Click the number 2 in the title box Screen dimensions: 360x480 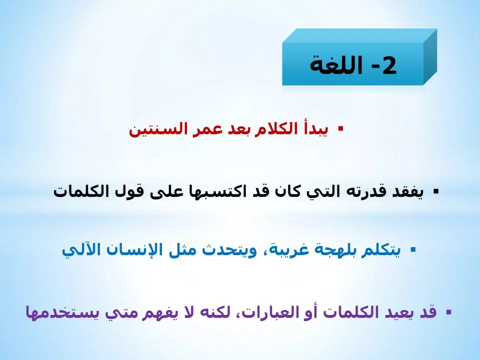tap(388, 66)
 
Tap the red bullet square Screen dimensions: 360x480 tap(340, 128)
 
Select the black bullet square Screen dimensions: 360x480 tap(436, 191)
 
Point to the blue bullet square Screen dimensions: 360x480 tap(413, 248)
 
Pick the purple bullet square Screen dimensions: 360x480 tap(448, 312)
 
